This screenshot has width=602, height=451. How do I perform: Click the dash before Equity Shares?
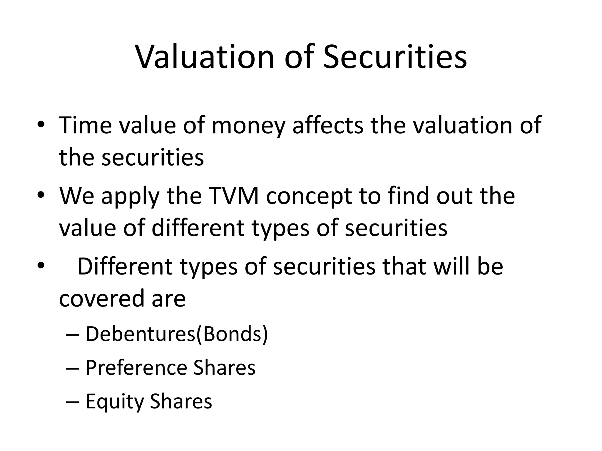point(73,402)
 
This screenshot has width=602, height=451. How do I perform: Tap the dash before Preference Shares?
point(73,368)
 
